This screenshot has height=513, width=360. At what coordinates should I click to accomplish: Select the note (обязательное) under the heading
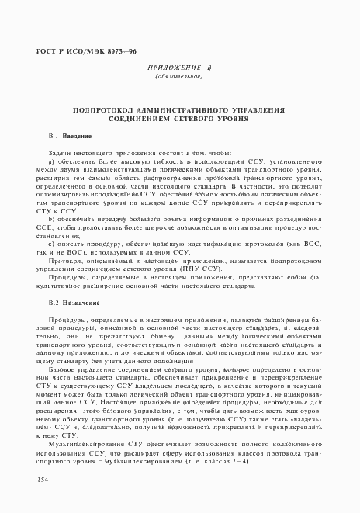click(178, 78)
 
